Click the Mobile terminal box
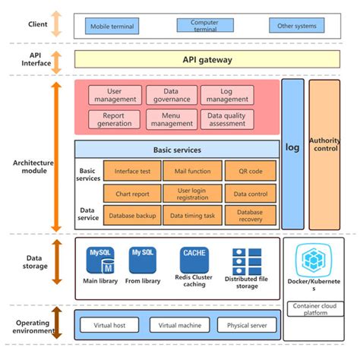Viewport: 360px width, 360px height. point(114,26)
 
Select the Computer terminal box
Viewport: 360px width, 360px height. point(205,25)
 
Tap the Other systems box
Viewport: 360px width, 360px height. point(297,26)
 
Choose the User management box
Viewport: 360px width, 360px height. point(115,96)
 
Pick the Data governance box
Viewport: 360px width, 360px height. point(171,96)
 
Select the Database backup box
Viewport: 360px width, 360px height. point(131,216)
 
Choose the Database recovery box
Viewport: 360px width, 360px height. point(250,216)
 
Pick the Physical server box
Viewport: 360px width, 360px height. point(247,326)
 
